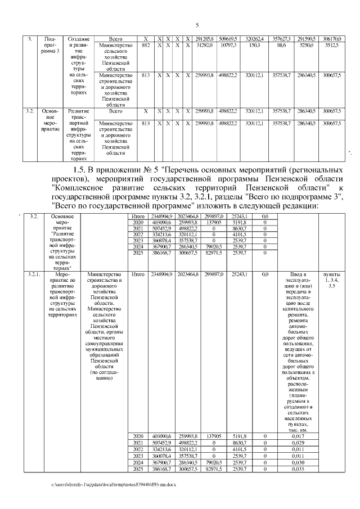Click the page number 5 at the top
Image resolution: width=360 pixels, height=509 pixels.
tap(197, 25)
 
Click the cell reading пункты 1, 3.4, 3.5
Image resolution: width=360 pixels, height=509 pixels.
tap(332, 280)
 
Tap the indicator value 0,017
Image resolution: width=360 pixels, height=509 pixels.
tap(294, 436)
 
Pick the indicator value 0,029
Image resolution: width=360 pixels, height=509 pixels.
tap(294, 443)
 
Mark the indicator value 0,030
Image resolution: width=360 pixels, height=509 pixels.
tap(294, 462)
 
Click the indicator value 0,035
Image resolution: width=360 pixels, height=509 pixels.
tap(294, 469)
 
